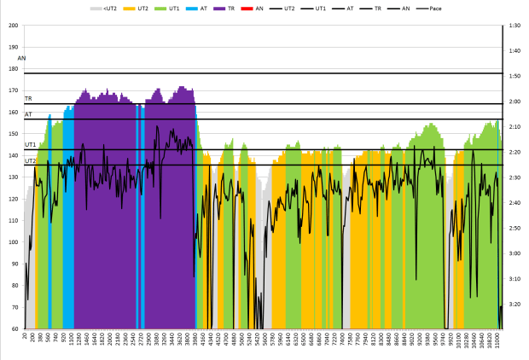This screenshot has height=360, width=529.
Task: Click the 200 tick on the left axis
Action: coord(13,26)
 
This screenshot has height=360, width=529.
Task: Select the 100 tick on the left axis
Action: coord(13,242)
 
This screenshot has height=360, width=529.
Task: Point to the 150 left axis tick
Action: coord(13,134)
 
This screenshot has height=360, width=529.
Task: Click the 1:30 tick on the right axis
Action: coord(515,26)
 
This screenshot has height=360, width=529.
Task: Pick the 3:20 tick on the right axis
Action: coord(515,304)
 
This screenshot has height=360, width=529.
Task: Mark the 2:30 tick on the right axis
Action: coord(515,177)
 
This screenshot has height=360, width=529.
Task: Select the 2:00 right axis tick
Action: coord(515,102)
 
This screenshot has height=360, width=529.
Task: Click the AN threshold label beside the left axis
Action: coord(22,58)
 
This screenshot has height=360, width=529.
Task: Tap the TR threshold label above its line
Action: coord(28,99)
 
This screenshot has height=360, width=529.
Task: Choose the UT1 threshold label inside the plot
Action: coord(31,145)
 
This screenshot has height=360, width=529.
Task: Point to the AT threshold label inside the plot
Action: coord(28,114)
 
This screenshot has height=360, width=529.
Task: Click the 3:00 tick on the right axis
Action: coord(515,253)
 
